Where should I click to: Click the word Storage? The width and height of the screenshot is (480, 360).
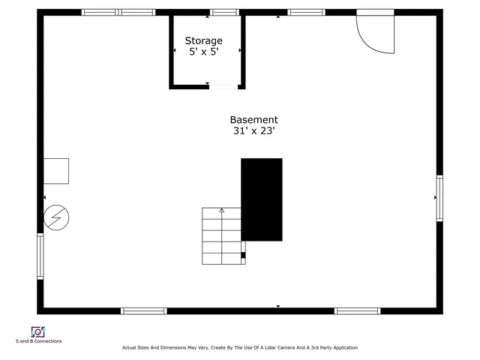[x=204, y=41]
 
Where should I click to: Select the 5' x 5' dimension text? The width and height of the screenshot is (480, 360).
[x=204, y=53]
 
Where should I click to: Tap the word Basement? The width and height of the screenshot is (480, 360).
[x=253, y=120]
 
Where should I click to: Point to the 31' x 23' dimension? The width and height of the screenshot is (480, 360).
[x=253, y=131]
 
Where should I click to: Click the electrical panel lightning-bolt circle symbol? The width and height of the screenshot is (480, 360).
[x=55, y=217]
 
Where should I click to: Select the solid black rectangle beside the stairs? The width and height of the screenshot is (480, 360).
[x=262, y=199]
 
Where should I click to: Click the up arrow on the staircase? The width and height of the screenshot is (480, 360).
[x=221, y=211]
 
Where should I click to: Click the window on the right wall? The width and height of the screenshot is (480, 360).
[x=439, y=198]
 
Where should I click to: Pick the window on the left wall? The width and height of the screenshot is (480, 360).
[x=40, y=256]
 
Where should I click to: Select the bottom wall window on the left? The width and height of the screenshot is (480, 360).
[x=144, y=310]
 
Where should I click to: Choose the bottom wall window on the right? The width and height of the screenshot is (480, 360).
[x=357, y=310]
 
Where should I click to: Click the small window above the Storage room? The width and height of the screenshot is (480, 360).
[x=224, y=12]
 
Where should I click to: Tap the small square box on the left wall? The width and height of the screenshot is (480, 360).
[x=56, y=171]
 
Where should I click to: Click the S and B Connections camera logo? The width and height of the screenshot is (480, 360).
[x=37, y=331]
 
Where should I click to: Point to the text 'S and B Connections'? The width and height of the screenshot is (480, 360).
[x=39, y=342]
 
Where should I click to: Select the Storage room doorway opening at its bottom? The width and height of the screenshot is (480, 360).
[x=223, y=87]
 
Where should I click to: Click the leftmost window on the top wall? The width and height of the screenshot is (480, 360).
[x=100, y=12]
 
